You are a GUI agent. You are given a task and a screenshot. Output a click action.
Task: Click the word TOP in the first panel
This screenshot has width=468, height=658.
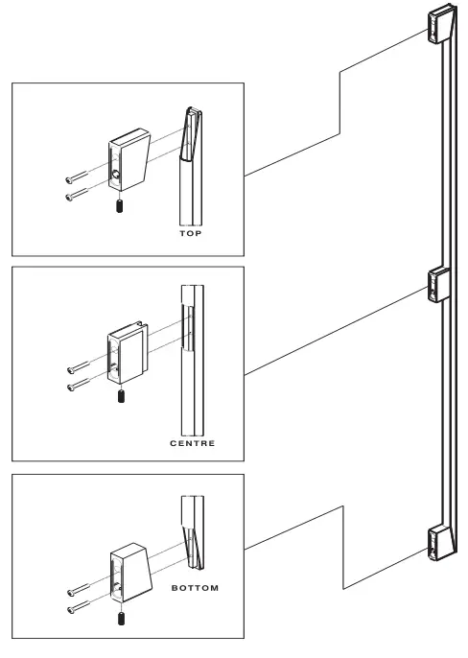click(194, 233)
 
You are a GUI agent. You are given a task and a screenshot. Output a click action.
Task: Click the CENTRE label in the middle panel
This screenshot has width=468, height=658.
click(192, 444)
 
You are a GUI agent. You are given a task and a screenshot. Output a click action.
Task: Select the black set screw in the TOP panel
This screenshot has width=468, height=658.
click(117, 206)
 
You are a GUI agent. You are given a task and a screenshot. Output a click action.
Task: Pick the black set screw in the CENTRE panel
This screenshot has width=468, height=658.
click(123, 397)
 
